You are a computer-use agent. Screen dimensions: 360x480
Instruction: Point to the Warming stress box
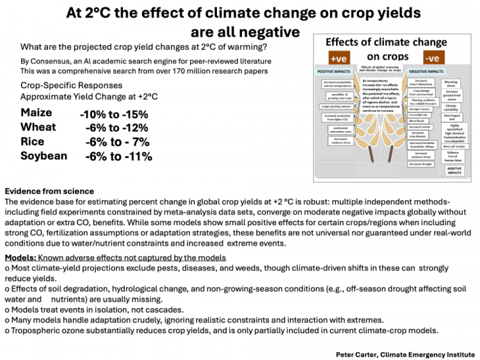tap(451, 84)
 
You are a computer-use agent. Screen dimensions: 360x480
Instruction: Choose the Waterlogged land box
tap(451, 116)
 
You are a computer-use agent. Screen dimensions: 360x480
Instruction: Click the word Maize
tap(36, 114)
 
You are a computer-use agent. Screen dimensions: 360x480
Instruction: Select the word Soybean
tap(43, 156)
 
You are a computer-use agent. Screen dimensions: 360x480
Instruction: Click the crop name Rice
tap(33, 142)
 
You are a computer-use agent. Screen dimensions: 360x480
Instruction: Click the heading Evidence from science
tap(49, 191)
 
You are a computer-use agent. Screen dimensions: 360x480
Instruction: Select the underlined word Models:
tap(21, 256)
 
